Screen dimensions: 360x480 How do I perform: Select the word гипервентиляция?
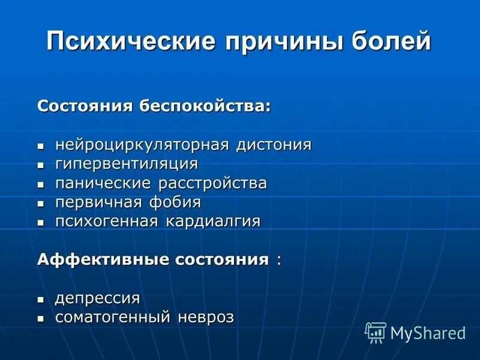coord(127,164)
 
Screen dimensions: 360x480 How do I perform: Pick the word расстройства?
coord(213,183)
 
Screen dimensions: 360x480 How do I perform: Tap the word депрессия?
coord(98,298)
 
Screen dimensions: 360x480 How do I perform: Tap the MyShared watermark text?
coord(428,334)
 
